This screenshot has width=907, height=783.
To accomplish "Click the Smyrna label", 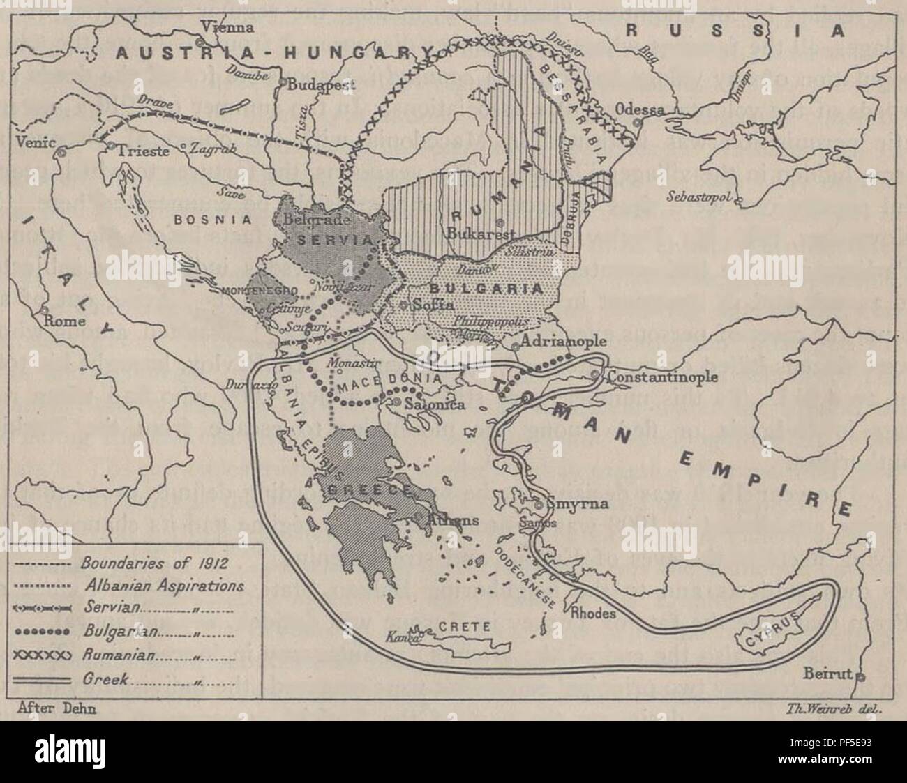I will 576,503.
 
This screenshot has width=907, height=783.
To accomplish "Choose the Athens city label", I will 444,520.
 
